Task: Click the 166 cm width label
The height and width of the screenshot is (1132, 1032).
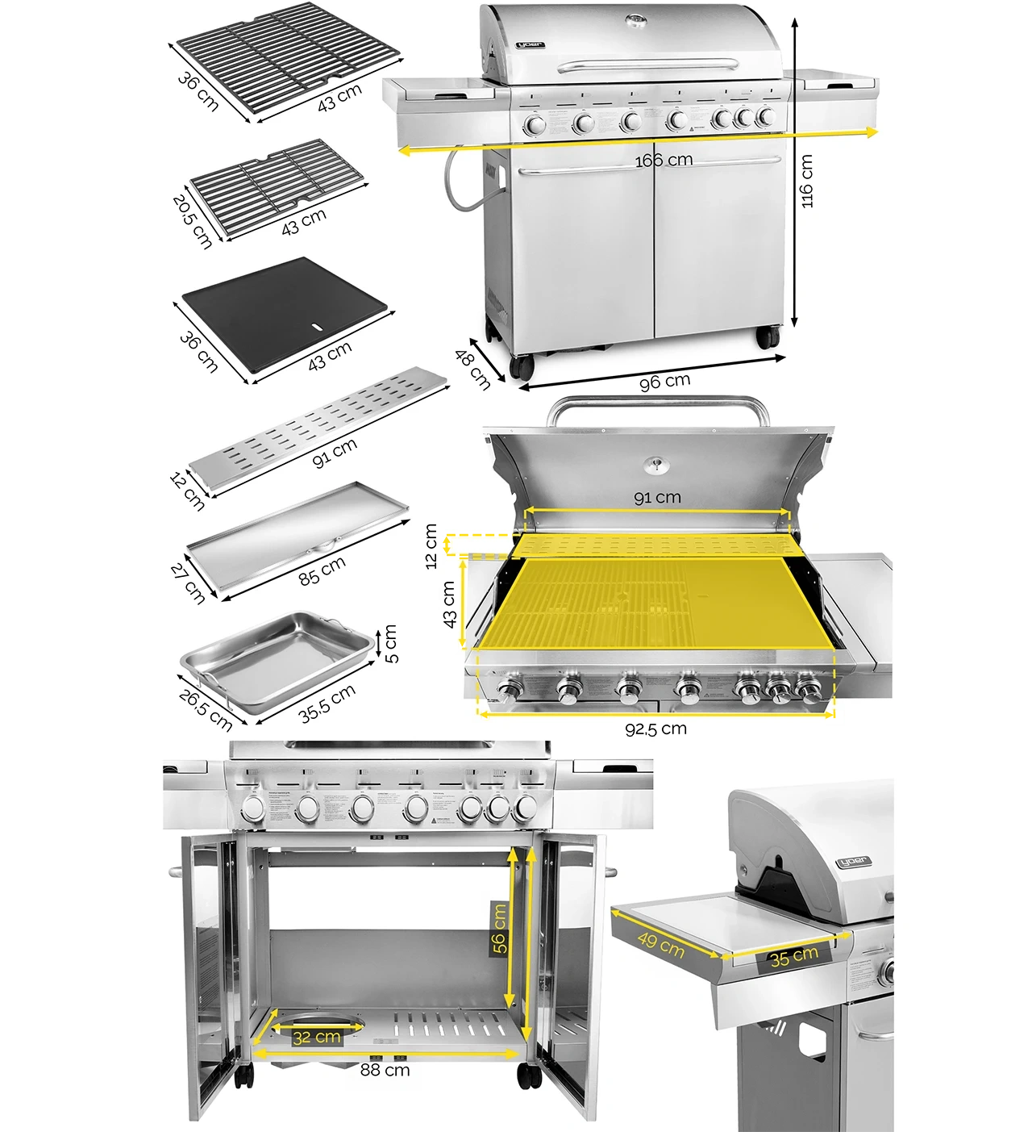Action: [664, 160]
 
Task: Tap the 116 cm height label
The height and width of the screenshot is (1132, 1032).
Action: [807, 181]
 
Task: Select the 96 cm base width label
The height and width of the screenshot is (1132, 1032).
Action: [664, 381]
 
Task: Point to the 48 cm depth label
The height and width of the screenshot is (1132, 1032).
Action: [473, 369]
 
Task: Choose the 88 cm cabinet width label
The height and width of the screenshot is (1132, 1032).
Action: [385, 1070]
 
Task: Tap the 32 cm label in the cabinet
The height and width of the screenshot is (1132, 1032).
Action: [316, 1037]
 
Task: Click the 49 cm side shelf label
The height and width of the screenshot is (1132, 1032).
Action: [661, 944]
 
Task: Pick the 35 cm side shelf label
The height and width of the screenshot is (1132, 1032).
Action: [793, 958]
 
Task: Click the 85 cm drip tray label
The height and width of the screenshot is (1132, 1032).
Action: [322, 570]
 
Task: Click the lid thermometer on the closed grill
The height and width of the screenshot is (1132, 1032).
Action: [637, 19]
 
